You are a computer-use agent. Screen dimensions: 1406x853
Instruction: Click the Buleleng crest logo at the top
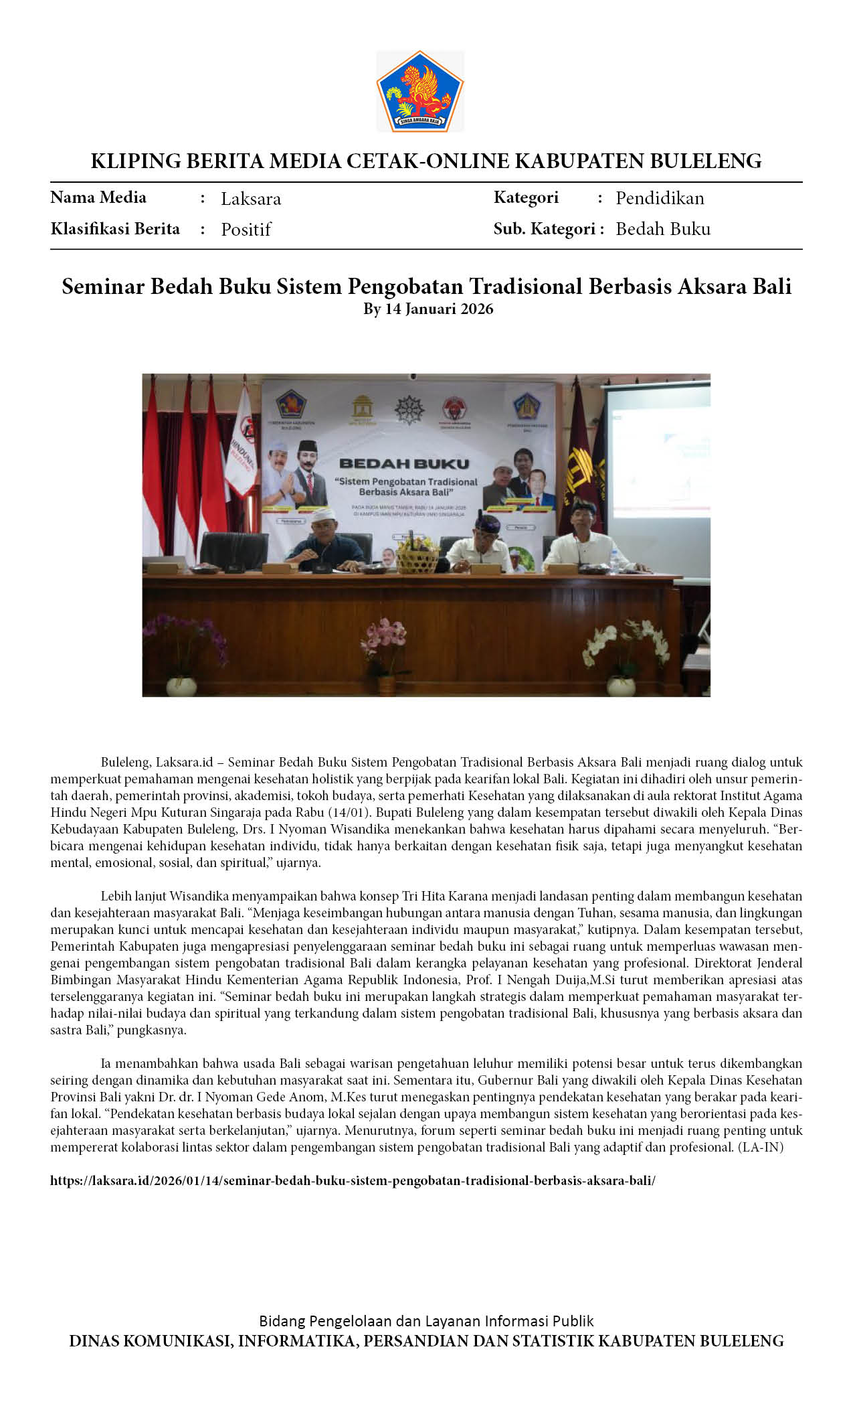pos(419,91)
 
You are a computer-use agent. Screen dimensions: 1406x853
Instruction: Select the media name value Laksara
pos(251,199)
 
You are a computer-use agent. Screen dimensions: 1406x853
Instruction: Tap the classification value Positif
pos(246,230)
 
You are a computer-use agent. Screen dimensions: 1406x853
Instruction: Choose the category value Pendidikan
pos(660,198)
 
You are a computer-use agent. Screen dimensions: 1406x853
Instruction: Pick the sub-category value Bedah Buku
pos(663,229)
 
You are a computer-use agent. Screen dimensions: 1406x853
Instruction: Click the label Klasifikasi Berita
pos(115,229)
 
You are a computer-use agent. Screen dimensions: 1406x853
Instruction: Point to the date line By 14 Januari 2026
pos(428,309)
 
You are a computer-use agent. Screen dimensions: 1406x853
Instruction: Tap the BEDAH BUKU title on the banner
pos(404,463)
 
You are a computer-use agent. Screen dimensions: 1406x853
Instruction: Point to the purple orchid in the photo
pos(184,639)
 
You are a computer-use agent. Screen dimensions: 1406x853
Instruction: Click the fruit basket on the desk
pos(417,556)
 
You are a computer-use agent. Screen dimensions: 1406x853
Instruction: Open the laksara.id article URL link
pos(353,1180)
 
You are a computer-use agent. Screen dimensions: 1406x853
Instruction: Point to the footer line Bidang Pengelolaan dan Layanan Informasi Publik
pos(426,1321)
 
